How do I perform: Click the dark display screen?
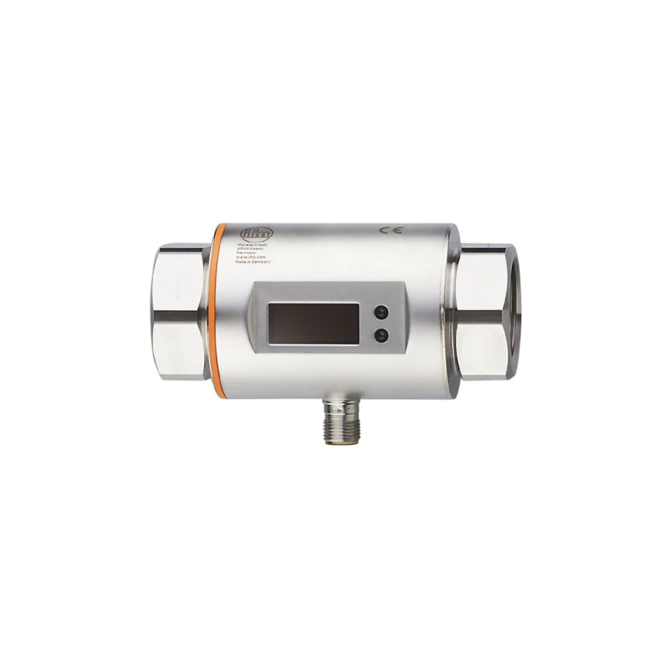coord(311,323)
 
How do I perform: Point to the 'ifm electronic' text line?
coord(253,244)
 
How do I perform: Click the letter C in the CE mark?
coord(384,230)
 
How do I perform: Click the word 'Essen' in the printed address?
coord(258,249)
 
